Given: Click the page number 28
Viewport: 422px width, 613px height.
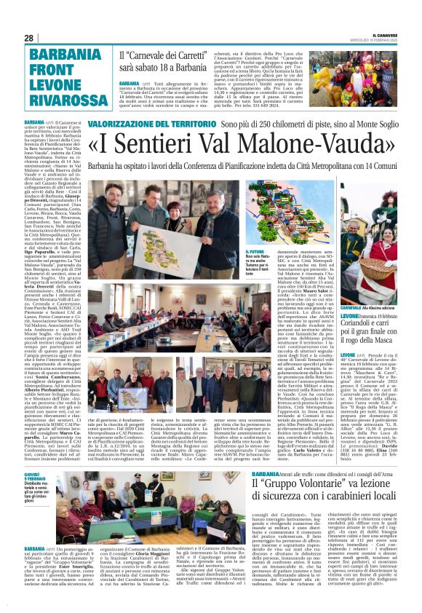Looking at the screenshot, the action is tap(28, 38).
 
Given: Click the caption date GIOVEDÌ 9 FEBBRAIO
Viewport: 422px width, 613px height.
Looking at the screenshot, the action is tap(35, 476).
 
